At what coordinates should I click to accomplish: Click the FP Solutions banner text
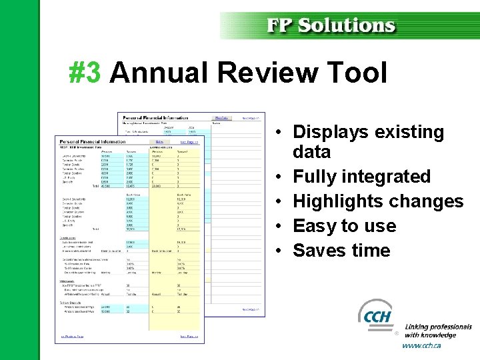(x=331, y=25)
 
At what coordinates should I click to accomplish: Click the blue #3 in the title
(x=85, y=72)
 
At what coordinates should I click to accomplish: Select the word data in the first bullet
(x=311, y=152)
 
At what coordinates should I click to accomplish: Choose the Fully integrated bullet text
(x=361, y=177)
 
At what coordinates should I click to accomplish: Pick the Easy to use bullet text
(x=344, y=226)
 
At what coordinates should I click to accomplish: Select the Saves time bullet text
(x=341, y=251)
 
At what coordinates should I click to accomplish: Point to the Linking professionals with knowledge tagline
(x=437, y=331)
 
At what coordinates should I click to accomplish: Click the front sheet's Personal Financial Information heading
(x=93, y=141)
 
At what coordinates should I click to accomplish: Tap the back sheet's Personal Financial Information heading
(x=155, y=117)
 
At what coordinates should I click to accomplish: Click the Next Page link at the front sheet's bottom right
(x=189, y=337)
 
